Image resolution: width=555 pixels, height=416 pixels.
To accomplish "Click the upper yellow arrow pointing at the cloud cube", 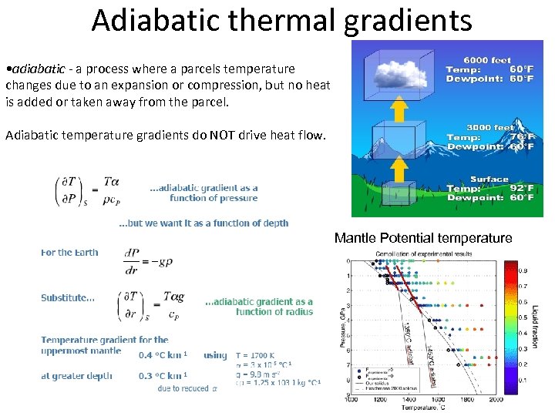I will [x=399, y=110].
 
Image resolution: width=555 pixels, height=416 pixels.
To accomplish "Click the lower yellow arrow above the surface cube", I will [x=399, y=167].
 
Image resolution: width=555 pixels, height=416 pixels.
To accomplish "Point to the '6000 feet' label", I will [x=486, y=59].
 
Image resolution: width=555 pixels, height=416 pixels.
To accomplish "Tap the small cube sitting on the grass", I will [x=399, y=194].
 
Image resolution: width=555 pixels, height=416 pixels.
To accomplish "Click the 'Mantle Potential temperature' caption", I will [x=423, y=238].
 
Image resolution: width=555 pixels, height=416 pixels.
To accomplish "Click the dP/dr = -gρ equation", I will [x=148, y=261].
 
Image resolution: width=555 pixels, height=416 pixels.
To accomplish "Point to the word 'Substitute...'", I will [x=68, y=298].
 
